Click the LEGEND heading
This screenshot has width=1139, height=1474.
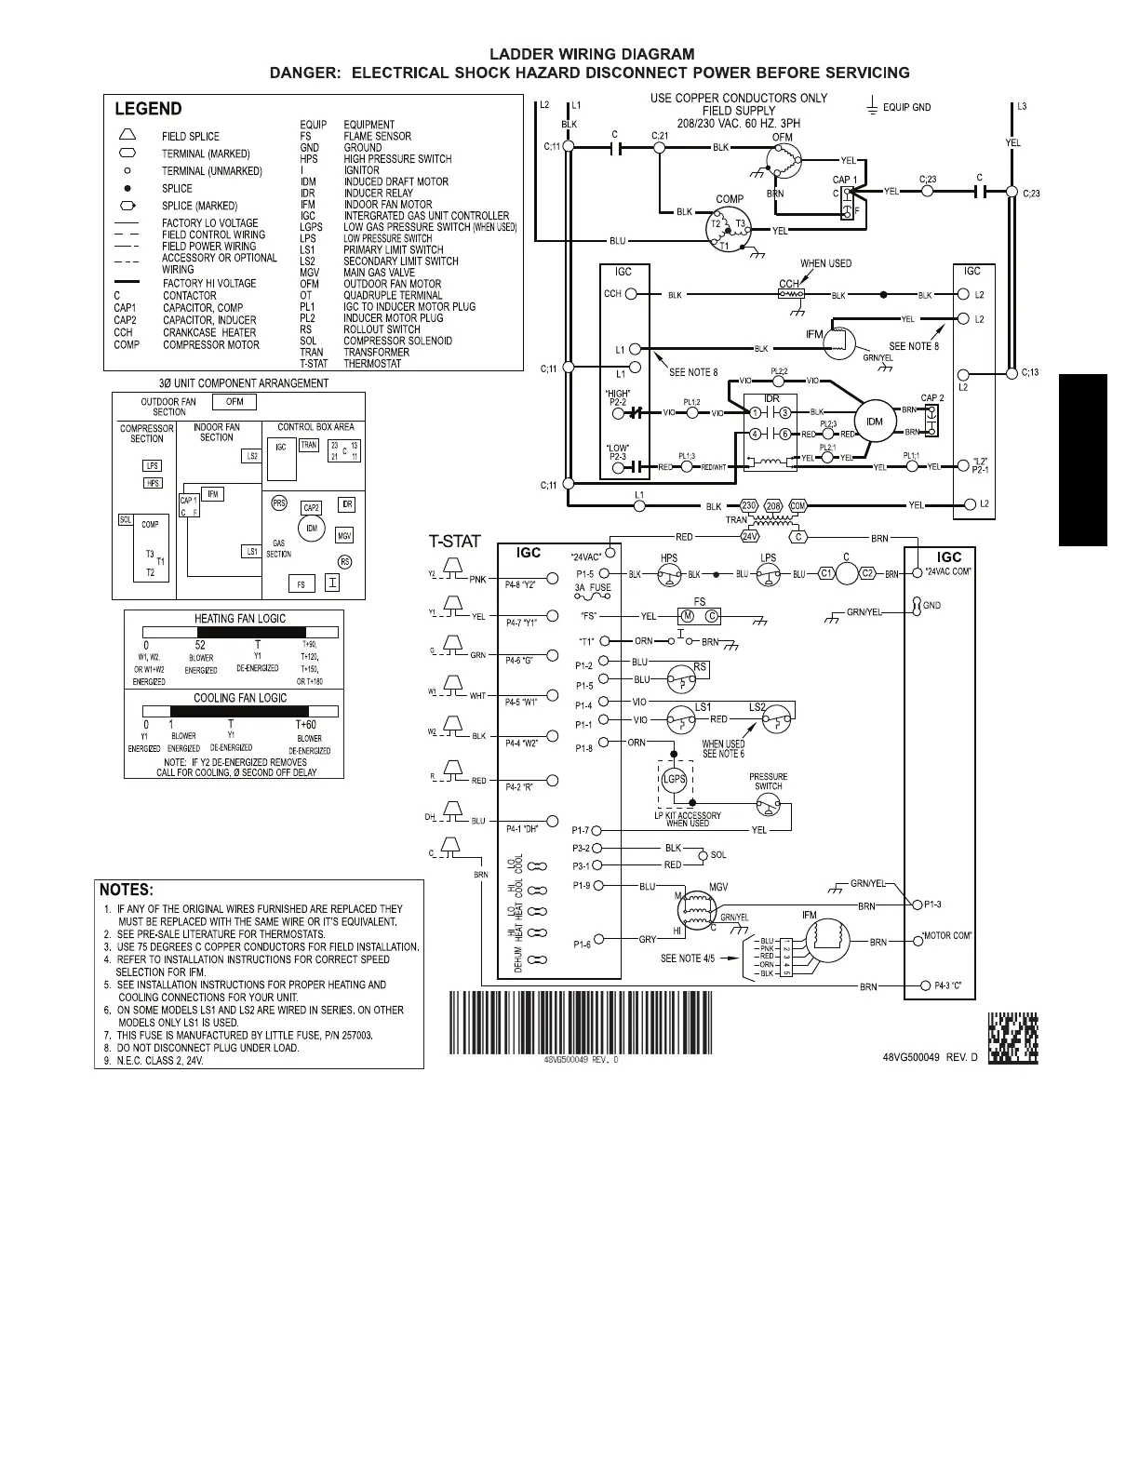[x=148, y=109]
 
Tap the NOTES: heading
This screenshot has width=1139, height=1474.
[x=127, y=891]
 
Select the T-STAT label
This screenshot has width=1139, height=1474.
[x=454, y=542]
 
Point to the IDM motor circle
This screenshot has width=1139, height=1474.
[x=874, y=422]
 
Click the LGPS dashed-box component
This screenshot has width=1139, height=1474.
[x=674, y=780]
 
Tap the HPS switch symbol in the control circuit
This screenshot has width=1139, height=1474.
[x=668, y=575]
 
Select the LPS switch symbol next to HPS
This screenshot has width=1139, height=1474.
[x=768, y=575]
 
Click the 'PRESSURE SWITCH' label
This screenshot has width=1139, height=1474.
[x=769, y=782]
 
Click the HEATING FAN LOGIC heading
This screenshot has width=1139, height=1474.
[x=239, y=619]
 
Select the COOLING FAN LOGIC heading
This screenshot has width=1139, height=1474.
[x=239, y=698]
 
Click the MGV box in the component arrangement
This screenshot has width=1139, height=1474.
[x=344, y=537]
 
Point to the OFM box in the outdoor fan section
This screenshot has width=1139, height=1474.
[x=234, y=402]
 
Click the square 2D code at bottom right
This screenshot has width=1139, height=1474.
[x=1012, y=1038]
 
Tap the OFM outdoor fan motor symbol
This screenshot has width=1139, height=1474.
[x=780, y=164]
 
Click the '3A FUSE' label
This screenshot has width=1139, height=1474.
[x=593, y=588]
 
